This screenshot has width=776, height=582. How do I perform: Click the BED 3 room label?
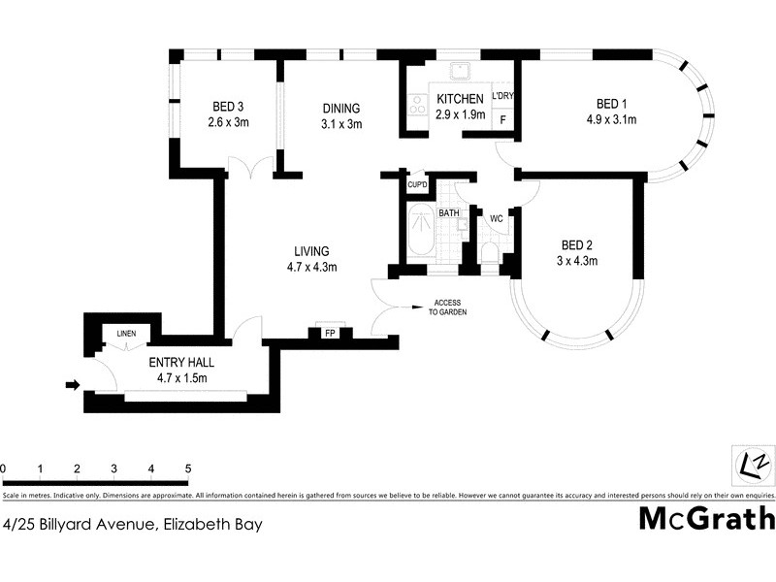(x=228, y=107)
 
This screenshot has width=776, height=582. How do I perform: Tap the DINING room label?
(x=340, y=109)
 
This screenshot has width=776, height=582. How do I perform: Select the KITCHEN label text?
(x=459, y=100)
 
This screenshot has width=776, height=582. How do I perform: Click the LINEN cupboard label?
(x=127, y=335)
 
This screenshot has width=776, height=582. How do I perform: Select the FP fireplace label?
(x=330, y=332)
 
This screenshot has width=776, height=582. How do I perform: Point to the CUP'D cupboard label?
(x=417, y=184)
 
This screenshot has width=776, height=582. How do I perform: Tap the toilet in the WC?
(x=490, y=254)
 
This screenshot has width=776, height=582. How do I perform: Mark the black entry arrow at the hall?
(x=72, y=385)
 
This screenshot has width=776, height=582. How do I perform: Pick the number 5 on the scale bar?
(x=187, y=469)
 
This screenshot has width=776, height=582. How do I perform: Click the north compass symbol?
(x=753, y=462)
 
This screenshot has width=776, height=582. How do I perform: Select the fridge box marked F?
(x=502, y=118)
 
